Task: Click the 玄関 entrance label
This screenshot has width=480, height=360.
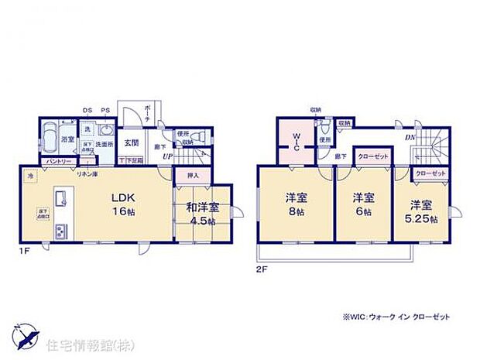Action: click(x=131, y=142)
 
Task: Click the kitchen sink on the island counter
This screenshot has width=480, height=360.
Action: click(x=59, y=195)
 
